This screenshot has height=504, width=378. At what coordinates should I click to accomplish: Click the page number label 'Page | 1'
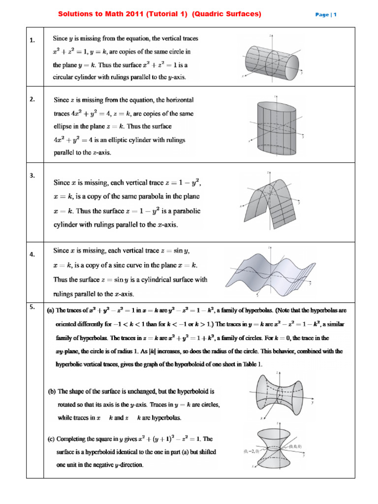(x=325, y=15)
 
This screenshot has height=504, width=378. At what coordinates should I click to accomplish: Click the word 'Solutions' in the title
(x=75, y=14)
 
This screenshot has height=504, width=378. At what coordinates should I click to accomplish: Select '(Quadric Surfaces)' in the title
(x=227, y=14)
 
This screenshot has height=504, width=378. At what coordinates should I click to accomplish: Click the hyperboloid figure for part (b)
(x=279, y=396)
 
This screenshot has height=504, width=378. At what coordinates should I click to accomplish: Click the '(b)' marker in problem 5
(x=52, y=392)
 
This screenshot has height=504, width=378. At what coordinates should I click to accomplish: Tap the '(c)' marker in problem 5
(x=52, y=439)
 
